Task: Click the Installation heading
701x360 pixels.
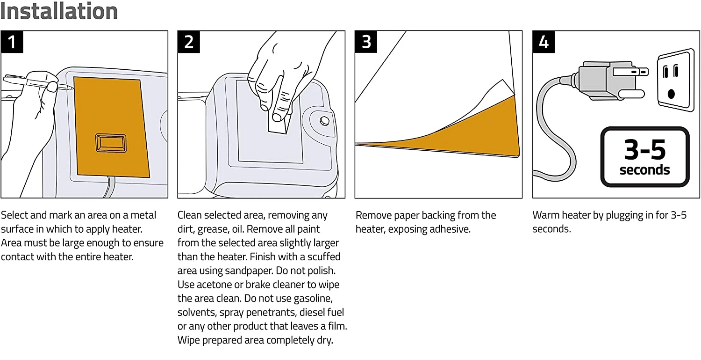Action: click(59, 11)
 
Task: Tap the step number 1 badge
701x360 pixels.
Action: click(12, 42)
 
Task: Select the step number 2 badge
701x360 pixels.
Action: click(189, 42)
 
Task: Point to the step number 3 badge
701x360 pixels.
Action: click(366, 42)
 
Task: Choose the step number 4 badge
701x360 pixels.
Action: click(544, 42)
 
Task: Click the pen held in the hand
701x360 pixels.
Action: click(37, 84)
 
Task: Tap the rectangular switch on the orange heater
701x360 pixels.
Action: click(111, 142)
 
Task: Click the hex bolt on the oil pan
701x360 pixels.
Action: click(324, 120)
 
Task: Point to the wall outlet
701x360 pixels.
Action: click(675, 80)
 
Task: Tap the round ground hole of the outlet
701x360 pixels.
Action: click(672, 93)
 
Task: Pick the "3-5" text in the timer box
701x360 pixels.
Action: click(644, 150)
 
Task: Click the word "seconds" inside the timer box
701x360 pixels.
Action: click(644, 169)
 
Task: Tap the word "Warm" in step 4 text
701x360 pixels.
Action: click(545, 215)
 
